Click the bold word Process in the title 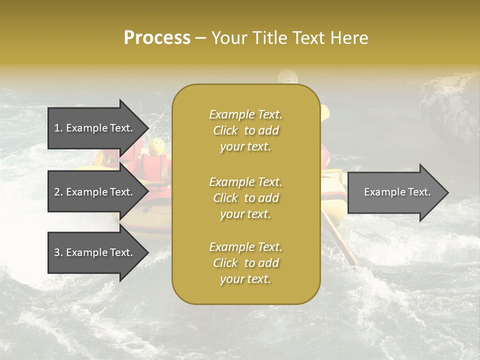157,38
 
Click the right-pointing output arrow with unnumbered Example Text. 395,192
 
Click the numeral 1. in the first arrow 58,128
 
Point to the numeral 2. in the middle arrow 58,192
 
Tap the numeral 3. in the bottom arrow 58,252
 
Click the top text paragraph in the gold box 245,130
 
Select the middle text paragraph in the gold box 245,198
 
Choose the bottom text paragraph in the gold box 245,263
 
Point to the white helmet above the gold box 288,76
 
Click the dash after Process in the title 200,38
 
